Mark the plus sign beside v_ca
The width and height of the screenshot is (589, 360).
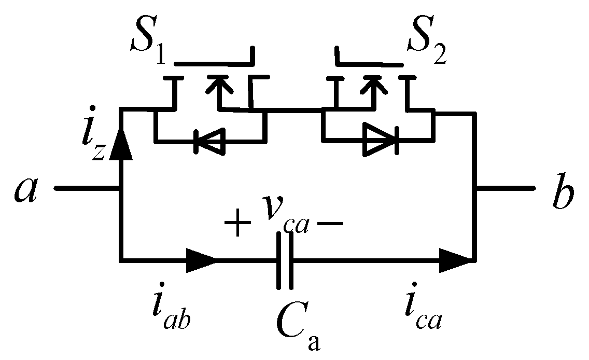[236, 224]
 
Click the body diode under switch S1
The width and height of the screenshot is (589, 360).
[209, 141]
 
